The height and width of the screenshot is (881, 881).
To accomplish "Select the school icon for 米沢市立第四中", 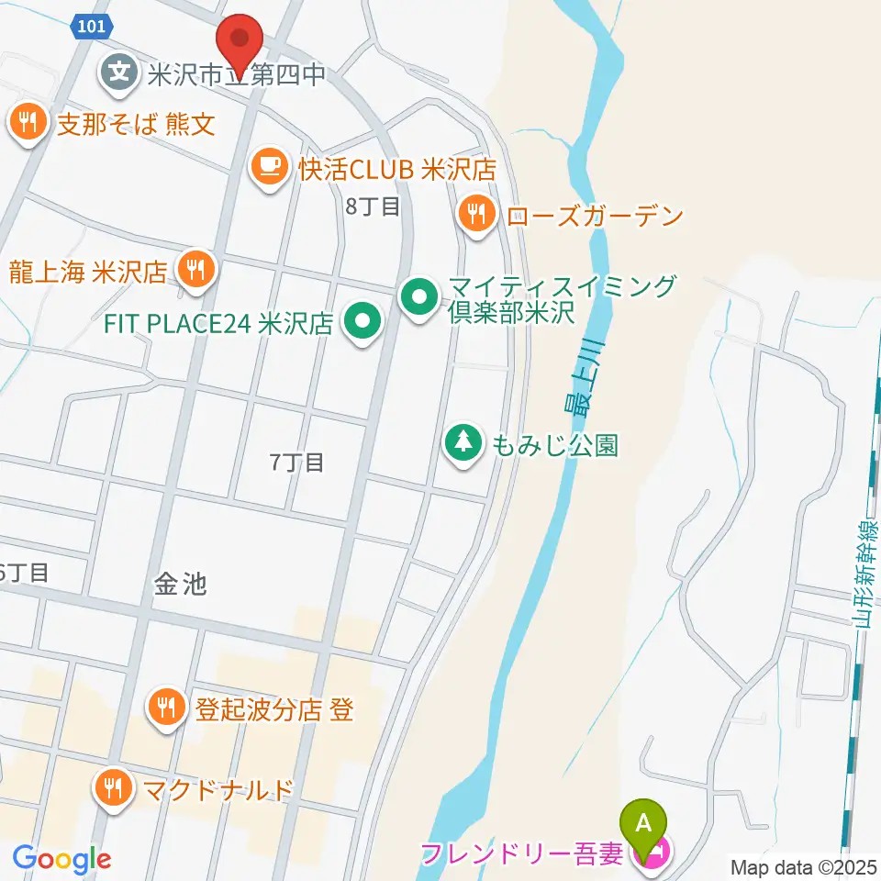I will tap(120, 72).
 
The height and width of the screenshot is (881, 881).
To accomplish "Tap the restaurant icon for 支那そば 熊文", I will tap(28, 122).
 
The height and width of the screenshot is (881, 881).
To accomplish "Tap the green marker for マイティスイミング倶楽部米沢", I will tap(420, 297).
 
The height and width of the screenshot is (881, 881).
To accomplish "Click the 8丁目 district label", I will tap(373, 207).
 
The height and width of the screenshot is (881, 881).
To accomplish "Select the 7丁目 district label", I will tap(297, 463).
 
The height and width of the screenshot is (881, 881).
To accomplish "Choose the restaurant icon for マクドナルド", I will tap(114, 788).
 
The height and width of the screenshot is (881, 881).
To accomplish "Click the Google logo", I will tap(61, 859).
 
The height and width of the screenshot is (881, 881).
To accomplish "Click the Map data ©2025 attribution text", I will tap(803, 865).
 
